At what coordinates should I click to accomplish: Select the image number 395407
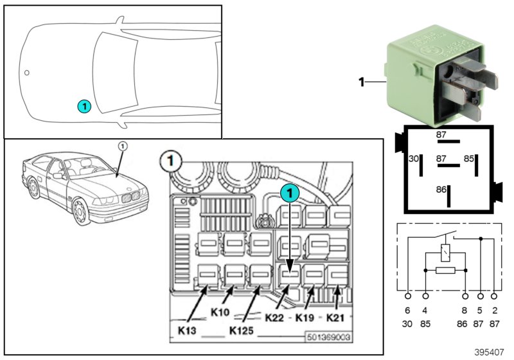pyautogui.click(x=490, y=352)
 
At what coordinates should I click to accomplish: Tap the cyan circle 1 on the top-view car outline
pyautogui.click(x=84, y=106)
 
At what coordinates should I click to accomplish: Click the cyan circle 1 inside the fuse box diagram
pyautogui.click(x=290, y=192)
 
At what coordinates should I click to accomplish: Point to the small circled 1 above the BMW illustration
pyautogui.click(x=123, y=146)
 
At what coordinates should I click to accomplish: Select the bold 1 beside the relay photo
pyautogui.click(x=362, y=82)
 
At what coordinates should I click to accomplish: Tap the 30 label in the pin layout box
pyautogui.click(x=414, y=157)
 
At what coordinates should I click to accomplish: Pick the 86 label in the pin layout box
pyautogui.click(x=441, y=190)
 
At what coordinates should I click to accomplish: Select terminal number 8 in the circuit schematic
pyautogui.click(x=465, y=309)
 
